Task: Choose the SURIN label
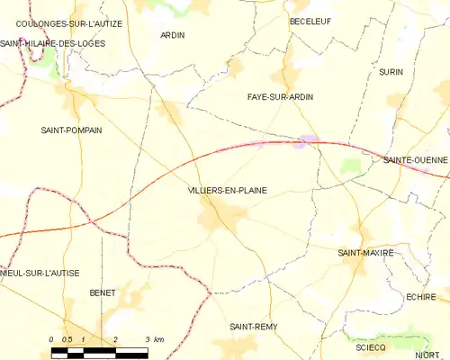click(x=391, y=71)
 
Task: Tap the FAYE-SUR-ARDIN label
click(x=280, y=96)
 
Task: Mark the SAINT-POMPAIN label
click(x=71, y=130)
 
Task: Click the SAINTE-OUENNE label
click(x=415, y=159)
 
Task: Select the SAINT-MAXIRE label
click(x=365, y=253)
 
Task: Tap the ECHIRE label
click(x=421, y=296)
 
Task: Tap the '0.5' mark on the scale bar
click(x=67, y=338)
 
